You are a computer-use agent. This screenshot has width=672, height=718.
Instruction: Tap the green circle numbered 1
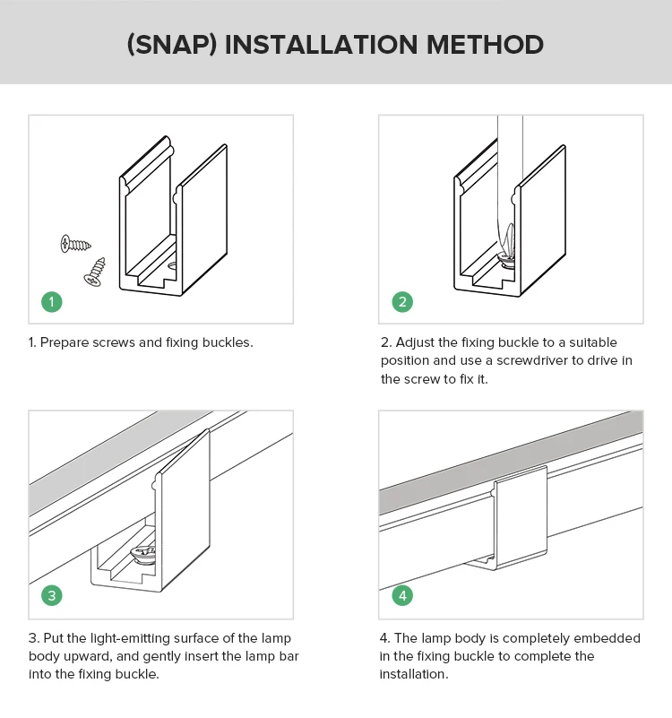click(x=53, y=302)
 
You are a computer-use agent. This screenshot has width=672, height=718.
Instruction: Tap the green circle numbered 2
click(x=402, y=302)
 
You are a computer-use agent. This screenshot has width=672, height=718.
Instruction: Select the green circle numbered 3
click(x=53, y=596)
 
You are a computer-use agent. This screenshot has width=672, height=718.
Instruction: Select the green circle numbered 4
click(x=402, y=596)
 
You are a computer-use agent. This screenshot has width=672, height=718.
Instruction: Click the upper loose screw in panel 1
click(x=75, y=242)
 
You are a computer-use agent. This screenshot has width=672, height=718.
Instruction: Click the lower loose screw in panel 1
click(x=95, y=272)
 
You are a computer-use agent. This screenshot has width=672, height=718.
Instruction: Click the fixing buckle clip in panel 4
click(x=521, y=518)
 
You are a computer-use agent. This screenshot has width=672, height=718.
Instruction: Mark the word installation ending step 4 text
click(x=413, y=674)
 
